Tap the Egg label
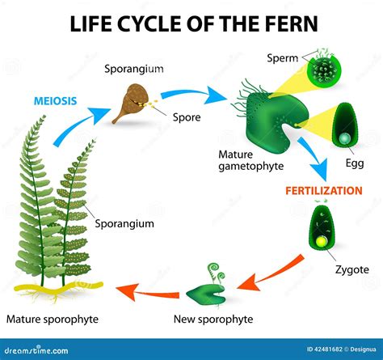(355, 163)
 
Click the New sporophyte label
(209, 320)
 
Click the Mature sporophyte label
(52, 320)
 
